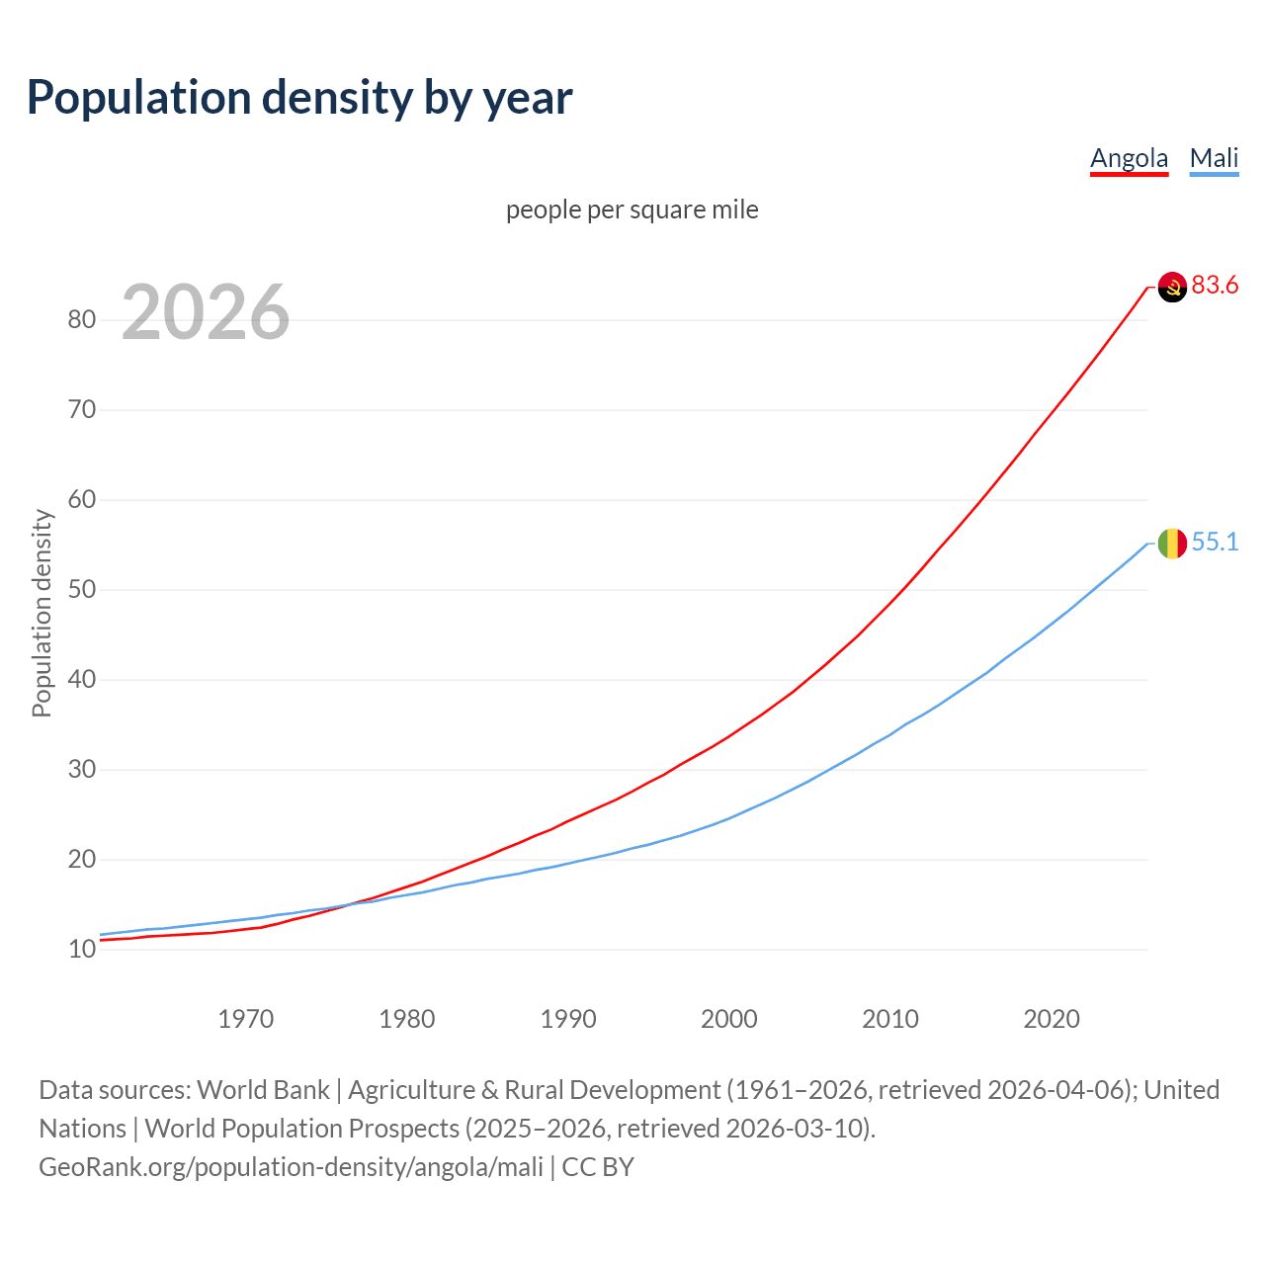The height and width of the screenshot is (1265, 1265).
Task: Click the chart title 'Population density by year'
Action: [299, 98]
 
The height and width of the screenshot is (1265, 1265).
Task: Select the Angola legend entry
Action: [1129, 158]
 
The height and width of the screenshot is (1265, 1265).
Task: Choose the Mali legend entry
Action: [1214, 158]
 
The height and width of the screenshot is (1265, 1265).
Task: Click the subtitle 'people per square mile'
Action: [632, 210]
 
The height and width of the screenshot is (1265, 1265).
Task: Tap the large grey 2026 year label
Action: [206, 312]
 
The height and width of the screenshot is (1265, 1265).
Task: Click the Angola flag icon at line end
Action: [1172, 287]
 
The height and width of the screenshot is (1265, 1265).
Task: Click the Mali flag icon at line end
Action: [1172, 543]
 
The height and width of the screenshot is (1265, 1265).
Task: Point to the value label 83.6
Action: [1215, 286]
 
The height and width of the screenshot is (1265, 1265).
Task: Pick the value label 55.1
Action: [1215, 543]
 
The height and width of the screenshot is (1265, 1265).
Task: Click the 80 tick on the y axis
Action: [82, 319]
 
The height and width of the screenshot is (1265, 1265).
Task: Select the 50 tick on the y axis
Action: [82, 590]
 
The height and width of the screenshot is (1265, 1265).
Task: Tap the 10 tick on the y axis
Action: [82, 950]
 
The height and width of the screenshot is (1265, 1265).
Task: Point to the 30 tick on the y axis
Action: [82, 770]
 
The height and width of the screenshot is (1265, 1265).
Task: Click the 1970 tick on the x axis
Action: [246, 1019]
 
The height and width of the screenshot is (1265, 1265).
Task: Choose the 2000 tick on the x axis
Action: [729, 1019]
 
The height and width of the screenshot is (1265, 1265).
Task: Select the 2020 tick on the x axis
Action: [1052, 1019]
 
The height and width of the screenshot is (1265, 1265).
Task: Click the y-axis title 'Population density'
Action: [42, 613]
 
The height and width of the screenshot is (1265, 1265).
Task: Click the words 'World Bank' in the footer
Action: [263, 1090]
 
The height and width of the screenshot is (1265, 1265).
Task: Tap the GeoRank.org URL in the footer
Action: [291, 1167]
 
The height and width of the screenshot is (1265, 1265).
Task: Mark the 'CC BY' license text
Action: [598, 1167]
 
